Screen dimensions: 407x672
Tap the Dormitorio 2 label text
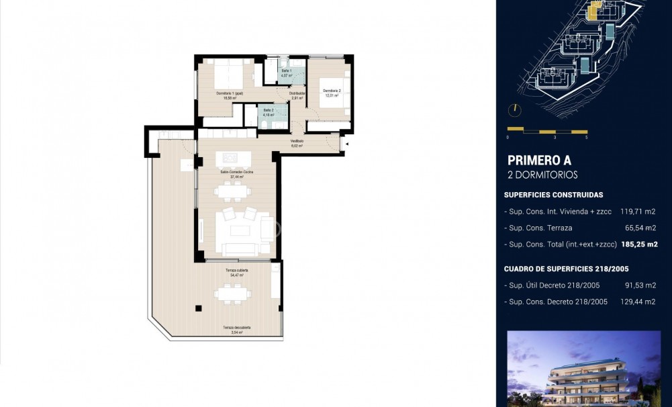point(332,91)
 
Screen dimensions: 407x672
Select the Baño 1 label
point(286,71)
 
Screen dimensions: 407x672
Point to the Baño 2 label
point(268,110)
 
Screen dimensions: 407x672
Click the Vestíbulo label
point(297,141)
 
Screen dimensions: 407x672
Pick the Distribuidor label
point(297,93)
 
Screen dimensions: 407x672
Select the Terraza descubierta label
point(236,327)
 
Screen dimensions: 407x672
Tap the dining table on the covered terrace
point(231,293)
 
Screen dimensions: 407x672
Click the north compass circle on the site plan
point(515,109)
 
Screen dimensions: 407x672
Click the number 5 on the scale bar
point(586,137)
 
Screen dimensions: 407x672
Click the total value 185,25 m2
point(638,244)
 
